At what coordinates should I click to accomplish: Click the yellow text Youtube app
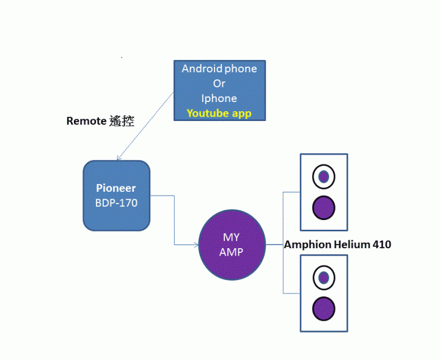(x=219, y=113)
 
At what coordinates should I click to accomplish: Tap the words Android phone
(x=219, y=68)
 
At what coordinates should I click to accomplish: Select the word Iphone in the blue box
(x=219, y=98)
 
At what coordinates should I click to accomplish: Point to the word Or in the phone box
(x=219, y=83)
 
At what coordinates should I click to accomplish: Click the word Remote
(x=86, y=121)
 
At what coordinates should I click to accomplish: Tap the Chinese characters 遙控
(x=122, y=121)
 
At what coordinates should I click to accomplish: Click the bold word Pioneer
(x=116, y=188)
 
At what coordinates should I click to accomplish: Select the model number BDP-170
(x=116, y=202)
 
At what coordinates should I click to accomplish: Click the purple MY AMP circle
(x=232, y=244)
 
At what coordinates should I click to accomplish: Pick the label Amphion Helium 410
(x=337, y=244)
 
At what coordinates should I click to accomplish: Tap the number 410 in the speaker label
(x=381, y=244)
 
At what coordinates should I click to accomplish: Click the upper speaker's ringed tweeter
(x=324, y=177)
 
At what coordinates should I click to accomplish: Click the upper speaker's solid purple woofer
(x=324, y=208)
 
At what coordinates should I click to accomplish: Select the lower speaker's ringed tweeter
(x=324, y=278)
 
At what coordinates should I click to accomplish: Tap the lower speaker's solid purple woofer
(x=324, y=309)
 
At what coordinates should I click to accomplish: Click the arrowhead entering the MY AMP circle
(x=196, y=245)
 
